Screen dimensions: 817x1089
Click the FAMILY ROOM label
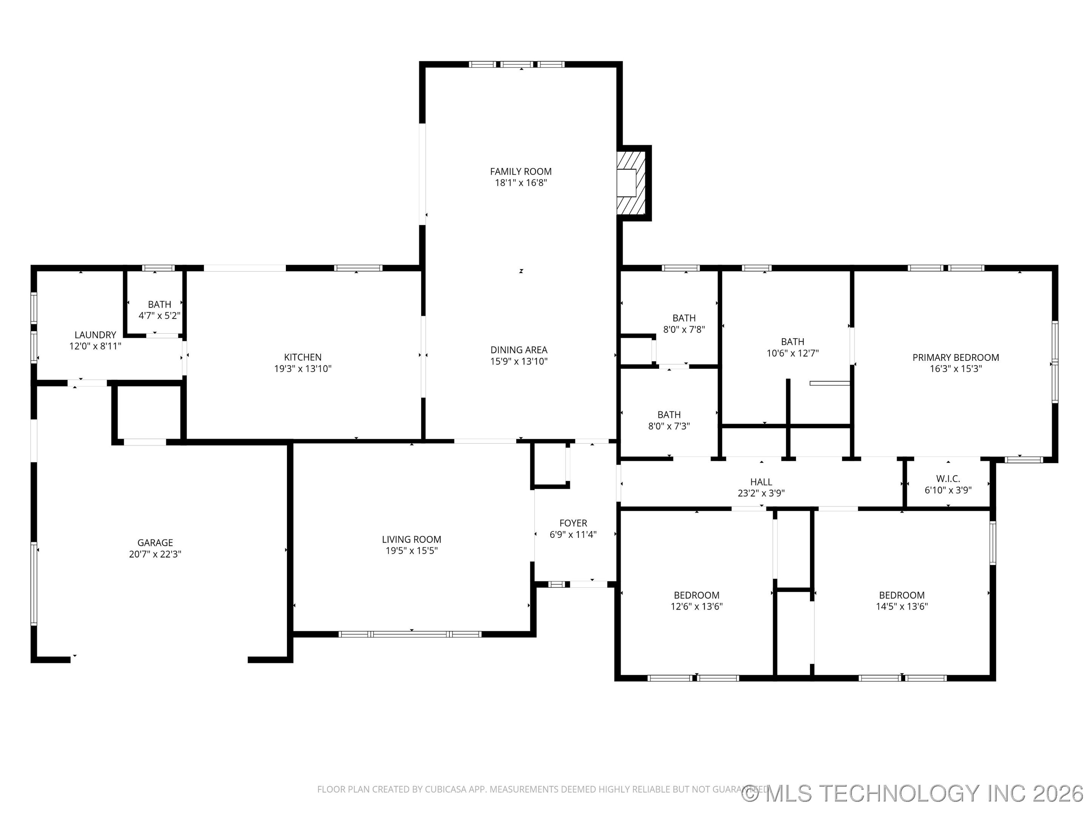tap(520, 171)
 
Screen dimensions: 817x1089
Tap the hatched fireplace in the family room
tap(631, 183)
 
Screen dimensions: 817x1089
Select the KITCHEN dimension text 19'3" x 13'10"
tap(303, 368)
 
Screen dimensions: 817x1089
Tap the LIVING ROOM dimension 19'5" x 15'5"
tap(411, 551)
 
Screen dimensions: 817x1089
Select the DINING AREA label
tap(519, 349)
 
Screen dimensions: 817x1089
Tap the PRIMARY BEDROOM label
tap(956, 357)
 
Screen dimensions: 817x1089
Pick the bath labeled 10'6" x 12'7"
tap(792, 348)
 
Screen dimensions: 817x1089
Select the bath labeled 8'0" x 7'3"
tap(669, 421)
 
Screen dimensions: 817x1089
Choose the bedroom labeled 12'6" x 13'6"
tap(696, 601)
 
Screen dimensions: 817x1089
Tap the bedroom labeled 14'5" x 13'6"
tap(901, 601)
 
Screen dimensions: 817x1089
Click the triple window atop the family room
tap(517, 64)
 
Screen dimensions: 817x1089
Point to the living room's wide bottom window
tap(410, 634)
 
